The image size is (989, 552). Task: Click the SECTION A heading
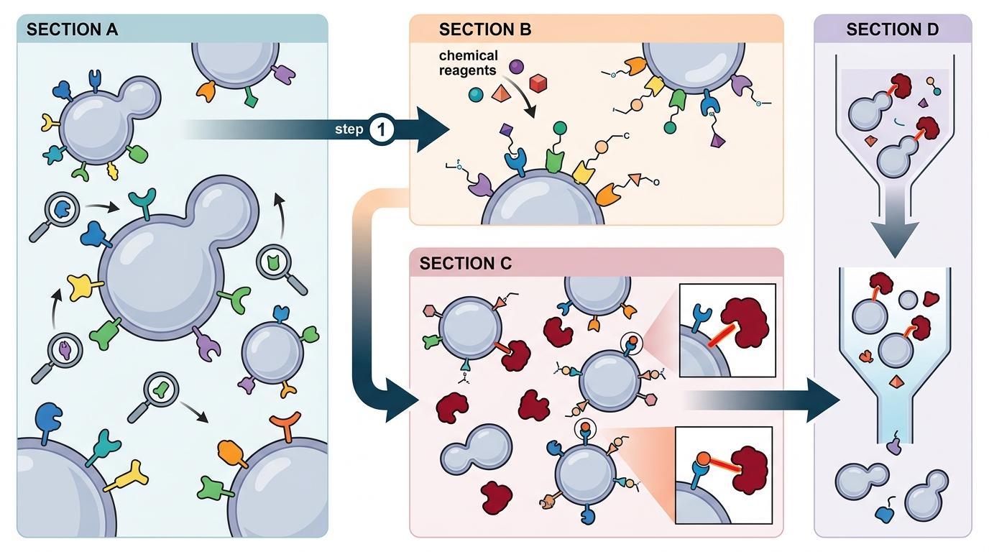(72, 30)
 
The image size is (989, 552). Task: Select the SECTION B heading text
(485, 30)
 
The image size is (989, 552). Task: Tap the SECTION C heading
(466, 263)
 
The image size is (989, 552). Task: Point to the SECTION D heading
(893, 29)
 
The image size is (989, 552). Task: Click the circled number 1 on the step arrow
(380, 129)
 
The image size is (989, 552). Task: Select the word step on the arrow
(349, 130)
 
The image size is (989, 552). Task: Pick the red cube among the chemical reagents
(539, 84)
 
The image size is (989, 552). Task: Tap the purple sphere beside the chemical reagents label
(516, 67)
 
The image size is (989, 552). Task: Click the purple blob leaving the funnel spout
(893, 446)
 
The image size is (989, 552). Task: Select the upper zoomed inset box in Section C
(727, 331)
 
